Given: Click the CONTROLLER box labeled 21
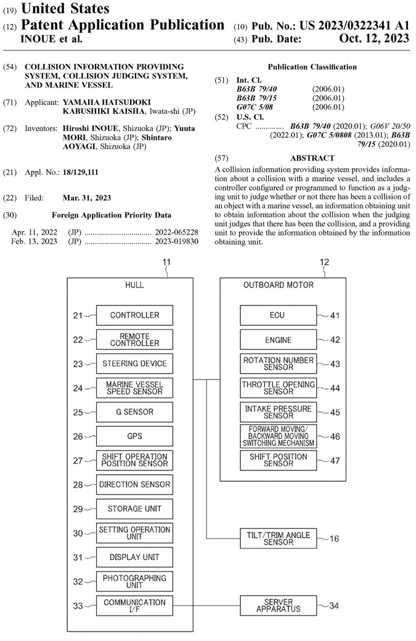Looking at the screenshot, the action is click(x=134, y=315).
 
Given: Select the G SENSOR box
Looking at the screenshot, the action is click(x=134, y=412).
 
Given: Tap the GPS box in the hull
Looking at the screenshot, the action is click(x=134, y=436).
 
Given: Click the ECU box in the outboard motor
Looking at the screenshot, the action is click(x=278, y=315).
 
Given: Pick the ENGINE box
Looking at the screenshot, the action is click(x=278, y=340).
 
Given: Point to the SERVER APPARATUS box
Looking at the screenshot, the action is click(x=278, y=605).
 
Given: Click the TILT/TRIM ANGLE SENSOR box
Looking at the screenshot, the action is click(x=278, y=538).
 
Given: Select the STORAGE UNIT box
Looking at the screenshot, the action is click(x=134, y=509).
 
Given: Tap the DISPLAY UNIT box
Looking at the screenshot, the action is click(x=134, y=557).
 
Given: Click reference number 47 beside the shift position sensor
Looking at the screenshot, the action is click(x=335, y=461).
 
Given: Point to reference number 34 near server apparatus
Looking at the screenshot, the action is click(x=334, y=606).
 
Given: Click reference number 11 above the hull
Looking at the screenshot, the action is click(x=166, y=262).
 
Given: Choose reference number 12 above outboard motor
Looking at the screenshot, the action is click(x=324, y=262).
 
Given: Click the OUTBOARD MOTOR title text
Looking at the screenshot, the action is click(x=278, y=285).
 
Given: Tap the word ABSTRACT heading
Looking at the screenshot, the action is click(x=312, y=158).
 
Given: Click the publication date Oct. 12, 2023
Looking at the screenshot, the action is click(x=374, y=38).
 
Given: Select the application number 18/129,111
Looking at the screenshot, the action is click(x=81, y=172).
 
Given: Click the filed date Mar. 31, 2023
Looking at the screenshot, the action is click(x=87, y=198).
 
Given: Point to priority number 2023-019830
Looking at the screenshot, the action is click(x=176, y=241).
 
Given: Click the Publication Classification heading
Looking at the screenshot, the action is click(x=312, y=67).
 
